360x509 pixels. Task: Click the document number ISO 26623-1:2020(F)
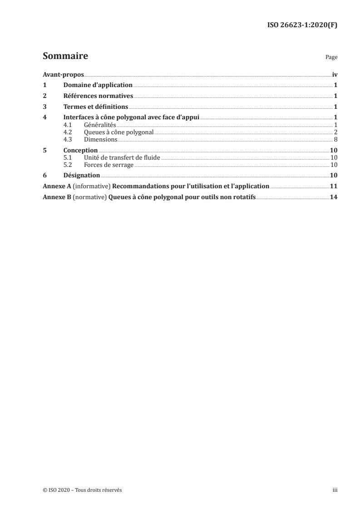pyautogui.click(x=301, y=25)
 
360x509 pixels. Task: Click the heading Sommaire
pyautogui.click(x=65, y=57)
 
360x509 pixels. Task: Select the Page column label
pyautogui.click(x=331, y=58)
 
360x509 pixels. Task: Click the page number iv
pyautogui.click(x=334, y=74)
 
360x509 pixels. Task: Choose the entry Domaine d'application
pyautogui.click(x=98, y=85)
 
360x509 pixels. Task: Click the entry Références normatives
pyautogui.click(x=98, y=96)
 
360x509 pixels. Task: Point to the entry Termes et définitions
pyautogui.click(x=96, y=107)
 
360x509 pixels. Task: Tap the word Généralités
pyautogui.click(x=100, y=125)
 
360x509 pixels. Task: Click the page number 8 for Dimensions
pyautogui.click(x=335, y=140)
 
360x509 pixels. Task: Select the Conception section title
pyautogui.click(x=80, y=151)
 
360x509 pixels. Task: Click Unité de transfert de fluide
pyautogui.click(x=123, y=158)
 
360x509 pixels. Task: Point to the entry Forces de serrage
pyautogui.click(x=109, y=165)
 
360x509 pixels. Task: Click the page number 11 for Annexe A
pyautogui.click(x=333, y=186)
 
